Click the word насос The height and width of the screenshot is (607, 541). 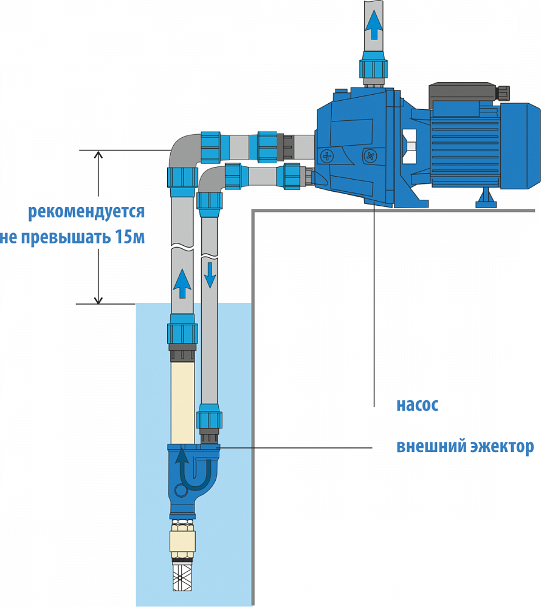417,405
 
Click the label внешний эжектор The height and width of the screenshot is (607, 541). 465,447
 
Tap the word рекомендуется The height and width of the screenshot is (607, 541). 85,212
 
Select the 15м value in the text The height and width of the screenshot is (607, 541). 130,237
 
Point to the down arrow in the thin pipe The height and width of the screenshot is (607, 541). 210,274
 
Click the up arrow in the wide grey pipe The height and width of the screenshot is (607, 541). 181,283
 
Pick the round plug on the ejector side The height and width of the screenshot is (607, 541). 181,489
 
